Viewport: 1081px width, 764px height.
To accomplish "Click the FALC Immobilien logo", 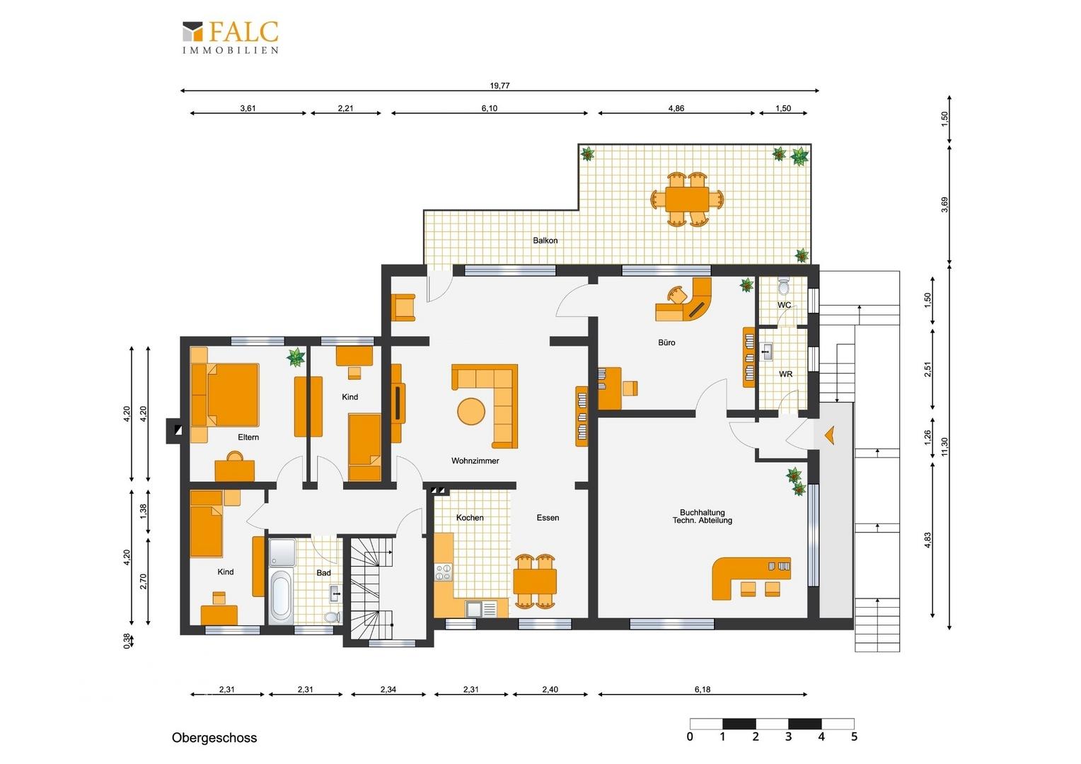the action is [x=231, y=37].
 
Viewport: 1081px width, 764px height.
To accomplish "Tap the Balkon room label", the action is [x=545, y=241].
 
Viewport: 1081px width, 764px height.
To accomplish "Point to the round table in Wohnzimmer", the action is [x=471, y=412].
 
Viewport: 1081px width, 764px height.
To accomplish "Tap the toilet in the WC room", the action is [x=784, y=286].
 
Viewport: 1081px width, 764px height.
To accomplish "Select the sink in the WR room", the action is [x=767, y=352].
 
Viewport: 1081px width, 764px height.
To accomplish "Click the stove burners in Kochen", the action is [x=444, y=572].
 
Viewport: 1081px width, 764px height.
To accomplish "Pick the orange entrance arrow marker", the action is [x=829, y=435].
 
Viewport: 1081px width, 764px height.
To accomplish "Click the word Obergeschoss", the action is [x=214, y=738].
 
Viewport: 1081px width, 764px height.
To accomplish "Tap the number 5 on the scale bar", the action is [x=854, y=737].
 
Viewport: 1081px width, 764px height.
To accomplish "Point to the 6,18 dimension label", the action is [x=703, y=690].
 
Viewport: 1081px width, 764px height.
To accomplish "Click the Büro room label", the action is [x=666, y=342].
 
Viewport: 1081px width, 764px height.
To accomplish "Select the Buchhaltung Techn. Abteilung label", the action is [x=703, y=516].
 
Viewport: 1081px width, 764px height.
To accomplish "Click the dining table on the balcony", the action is [x=687, y=198].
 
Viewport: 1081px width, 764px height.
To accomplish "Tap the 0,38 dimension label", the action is [x=127, y=641].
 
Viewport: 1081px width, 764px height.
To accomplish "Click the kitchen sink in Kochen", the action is [x=481, y=608].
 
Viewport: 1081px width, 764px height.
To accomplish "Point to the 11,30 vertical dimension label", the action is [x=944, y=447].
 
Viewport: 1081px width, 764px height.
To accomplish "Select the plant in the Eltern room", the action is [x=296, y=358].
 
